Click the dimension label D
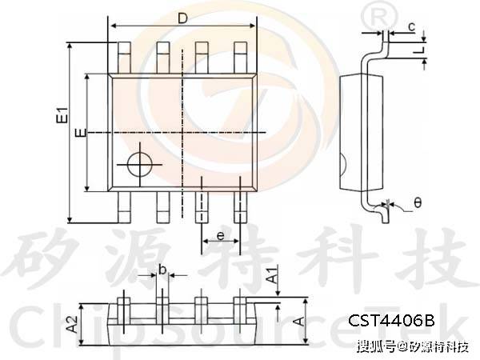pos(182,17)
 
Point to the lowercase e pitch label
pos(220,237)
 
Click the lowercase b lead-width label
pos(162,270)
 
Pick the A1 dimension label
pos(273,277)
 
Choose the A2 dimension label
pos(71,324)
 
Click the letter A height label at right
pos(298,322)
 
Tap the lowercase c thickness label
pos(410,27)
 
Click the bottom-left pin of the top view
pos(123,206)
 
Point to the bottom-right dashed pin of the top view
pos(239,206)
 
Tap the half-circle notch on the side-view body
pos(342,168)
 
